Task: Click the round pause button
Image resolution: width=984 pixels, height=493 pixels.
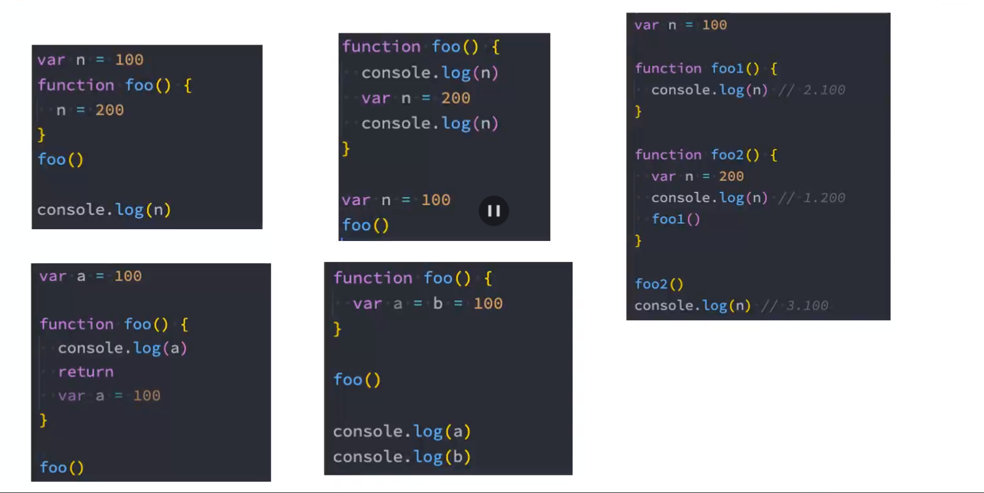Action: pyautogui.click(x=494, y=211)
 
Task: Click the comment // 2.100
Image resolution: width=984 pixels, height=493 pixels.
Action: pyautogui.click(x=811, y=90)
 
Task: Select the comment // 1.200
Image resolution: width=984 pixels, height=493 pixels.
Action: pyautogui.click(x=811, y=198)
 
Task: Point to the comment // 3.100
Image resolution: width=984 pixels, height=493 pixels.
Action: pyautogui.click(x=795, y=306)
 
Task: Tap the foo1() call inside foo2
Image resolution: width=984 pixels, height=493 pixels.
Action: pyautogui.click(x=676, y=219)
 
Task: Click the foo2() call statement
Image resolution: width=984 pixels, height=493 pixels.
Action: pyautogui.click(x=659, y=284)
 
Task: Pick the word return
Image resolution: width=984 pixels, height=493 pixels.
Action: pyautogui.click(x=86, y=372)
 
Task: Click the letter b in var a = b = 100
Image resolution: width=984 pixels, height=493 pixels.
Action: pyautogui.click(x=438, y=304)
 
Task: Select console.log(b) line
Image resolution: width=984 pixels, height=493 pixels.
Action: pyautogui.click(x=402, y=457)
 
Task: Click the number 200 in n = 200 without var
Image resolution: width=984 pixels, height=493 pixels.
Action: pyautogui.click(x=109, y=110)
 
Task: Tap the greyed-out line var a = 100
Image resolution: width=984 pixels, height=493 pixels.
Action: pyautogui.click(x=109, y=395)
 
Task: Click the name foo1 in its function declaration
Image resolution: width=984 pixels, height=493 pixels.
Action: pyautogui.click(x=727, y=69)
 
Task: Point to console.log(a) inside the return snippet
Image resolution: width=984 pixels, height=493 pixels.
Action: pyautogui.click(x=122, y=348)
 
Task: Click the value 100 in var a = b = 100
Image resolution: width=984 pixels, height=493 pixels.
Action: pyautogui.click(x=488, y=304)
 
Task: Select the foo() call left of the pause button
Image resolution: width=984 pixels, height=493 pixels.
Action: pyautogui.click(x=365, y=226)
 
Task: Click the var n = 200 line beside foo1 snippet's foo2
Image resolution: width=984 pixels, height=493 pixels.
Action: pyautogui.click(x=697, y=176)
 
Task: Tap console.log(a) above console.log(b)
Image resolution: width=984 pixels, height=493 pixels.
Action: pyautogui.click(x=402, y=431)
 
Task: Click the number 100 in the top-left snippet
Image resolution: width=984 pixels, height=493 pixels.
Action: pyautogui.click(x=129, y=60)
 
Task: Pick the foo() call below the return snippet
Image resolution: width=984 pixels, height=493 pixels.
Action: pyautogui.click(x=61, y=467)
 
